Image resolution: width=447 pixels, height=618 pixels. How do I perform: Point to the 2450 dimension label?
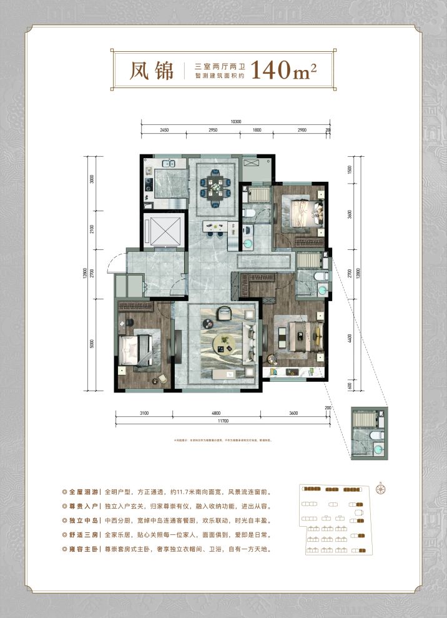165,129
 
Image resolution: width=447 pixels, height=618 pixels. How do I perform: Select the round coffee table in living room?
222,342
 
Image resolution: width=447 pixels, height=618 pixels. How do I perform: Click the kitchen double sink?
167,165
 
